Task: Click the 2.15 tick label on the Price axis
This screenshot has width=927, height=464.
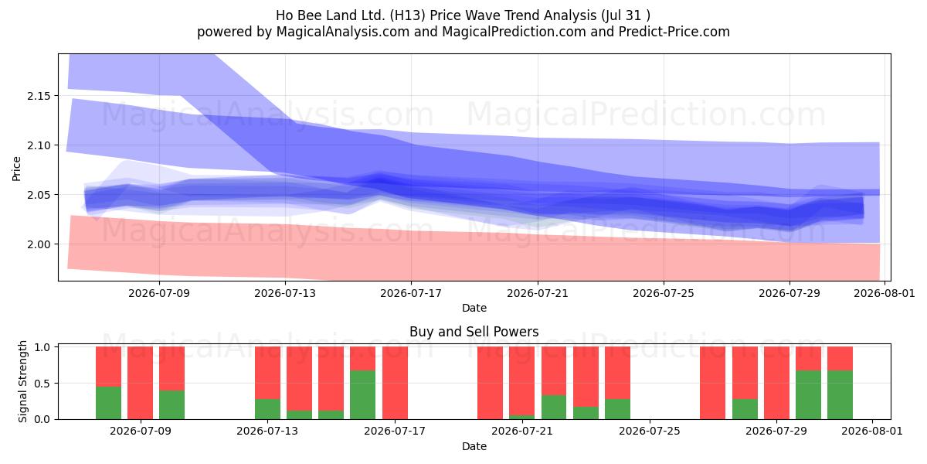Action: [39, 96]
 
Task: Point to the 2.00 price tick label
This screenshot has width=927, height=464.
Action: [39, 244]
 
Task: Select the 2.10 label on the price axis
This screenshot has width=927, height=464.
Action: [39, 145]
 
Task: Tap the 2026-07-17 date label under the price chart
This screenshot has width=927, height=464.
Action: [411, 293]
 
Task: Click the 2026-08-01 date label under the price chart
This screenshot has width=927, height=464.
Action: [885, 293]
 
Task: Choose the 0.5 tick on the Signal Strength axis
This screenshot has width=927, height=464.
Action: [42, 384]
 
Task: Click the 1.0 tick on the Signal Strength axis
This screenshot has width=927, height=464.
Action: [42, 347]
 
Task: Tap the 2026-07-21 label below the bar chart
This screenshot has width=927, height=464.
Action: [522, 431]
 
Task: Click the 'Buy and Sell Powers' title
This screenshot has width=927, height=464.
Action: [474, 332]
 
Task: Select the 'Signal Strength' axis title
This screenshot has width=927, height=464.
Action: [22, 381]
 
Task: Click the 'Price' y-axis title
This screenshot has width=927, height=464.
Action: [16, 169]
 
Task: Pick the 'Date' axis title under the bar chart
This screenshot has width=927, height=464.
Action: [474, 446]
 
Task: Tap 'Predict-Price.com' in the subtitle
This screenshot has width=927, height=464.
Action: [674, 32]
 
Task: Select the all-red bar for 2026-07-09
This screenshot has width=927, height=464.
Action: [141, 383]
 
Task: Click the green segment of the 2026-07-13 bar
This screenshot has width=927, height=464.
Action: [268, 409]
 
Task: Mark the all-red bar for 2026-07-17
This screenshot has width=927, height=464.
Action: [396, 383]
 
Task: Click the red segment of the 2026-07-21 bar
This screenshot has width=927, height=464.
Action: [522, 380]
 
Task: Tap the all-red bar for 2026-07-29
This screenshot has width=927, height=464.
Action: [777, 383]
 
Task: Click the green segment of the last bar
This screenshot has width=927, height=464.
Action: [840, 395]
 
